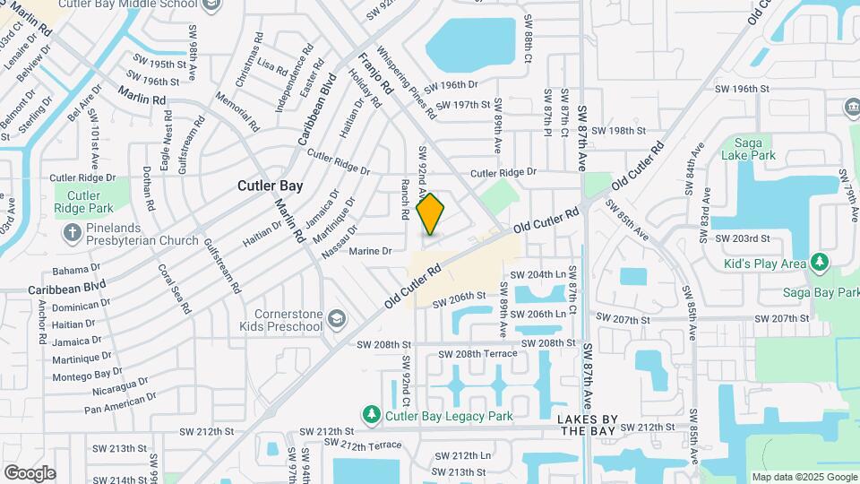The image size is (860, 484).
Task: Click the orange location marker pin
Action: [x=431, y=214]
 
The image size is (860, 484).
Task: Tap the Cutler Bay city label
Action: [x=270, y=186]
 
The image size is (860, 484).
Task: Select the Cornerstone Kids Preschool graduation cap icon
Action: [x=337, y=319]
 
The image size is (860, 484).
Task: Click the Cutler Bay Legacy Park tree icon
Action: [x=372, y=415]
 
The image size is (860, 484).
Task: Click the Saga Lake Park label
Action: [x=747, y=148]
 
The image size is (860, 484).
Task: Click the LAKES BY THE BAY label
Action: [x=588, y=425]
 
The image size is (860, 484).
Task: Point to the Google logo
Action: [x=30, y=472]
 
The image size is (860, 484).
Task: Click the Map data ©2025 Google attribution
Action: [x=804, y=477]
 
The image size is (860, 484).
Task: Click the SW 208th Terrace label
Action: [x=475, y=354]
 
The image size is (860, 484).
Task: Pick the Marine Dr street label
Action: [x=371, y=251]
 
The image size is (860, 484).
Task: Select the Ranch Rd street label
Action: [x=405, y=199]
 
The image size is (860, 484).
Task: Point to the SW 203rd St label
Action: [x=743, y=238]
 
